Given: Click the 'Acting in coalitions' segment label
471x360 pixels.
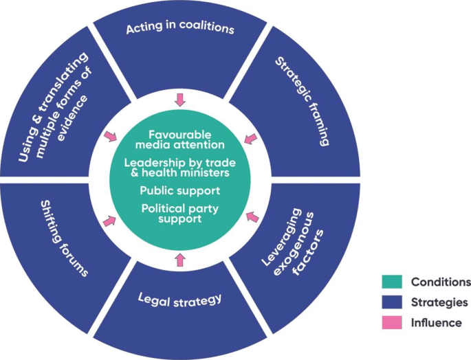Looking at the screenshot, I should [179, 29].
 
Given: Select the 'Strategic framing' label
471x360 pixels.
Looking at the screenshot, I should [303, 102].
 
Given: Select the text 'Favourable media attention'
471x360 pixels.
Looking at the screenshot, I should [179, 139].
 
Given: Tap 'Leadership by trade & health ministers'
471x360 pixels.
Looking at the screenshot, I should [179, 168].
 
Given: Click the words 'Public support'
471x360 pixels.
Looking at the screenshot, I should [179, 190].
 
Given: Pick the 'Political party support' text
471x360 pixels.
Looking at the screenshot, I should [179, 213].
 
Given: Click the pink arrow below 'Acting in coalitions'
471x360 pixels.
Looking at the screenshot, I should [180, 100].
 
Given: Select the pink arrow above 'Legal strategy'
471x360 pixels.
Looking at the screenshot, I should [180, 259].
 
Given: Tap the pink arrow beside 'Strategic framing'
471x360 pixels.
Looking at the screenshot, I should [251, 139].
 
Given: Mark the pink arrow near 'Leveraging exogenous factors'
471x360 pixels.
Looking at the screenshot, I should [252, 218].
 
